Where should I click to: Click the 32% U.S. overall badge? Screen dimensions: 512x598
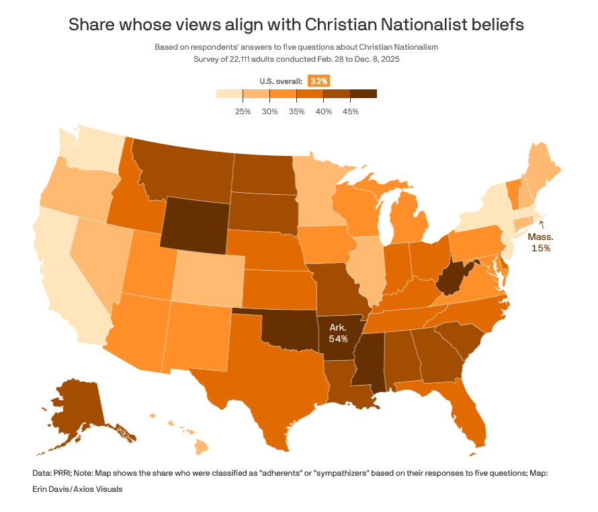click(318, 81)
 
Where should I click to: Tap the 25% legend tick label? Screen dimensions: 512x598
click(243, 111)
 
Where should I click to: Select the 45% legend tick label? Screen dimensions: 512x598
click(350, 111)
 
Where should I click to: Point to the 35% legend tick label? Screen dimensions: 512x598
click(296, 111)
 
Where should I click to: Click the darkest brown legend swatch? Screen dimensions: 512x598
click(364, 94)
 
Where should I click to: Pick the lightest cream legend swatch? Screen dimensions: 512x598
click(229, 94)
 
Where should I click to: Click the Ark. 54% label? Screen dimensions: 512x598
click(338, 333)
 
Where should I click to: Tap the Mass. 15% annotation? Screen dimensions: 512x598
click(540, 242)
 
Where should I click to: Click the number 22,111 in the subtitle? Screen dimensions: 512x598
click(245, 58)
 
